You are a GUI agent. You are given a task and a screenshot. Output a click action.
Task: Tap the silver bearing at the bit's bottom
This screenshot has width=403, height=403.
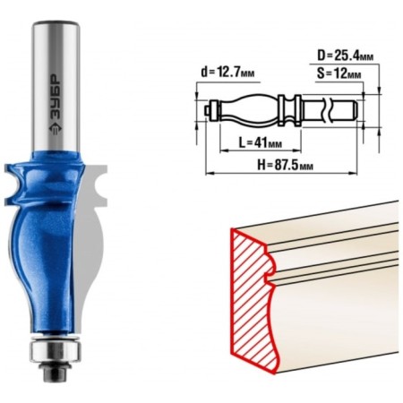55,351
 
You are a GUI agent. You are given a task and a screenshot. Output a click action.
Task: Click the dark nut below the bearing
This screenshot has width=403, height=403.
55,373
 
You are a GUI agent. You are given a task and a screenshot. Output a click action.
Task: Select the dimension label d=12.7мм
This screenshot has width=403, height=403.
227,73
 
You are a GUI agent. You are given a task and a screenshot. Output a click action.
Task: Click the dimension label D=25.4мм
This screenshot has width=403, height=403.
345,56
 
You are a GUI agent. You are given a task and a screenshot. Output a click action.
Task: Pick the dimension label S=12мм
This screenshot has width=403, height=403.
339,73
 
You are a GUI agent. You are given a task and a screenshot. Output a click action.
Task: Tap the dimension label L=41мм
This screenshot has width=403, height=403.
261,143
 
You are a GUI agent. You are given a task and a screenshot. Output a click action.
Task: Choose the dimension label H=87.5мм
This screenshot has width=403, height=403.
285,165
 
